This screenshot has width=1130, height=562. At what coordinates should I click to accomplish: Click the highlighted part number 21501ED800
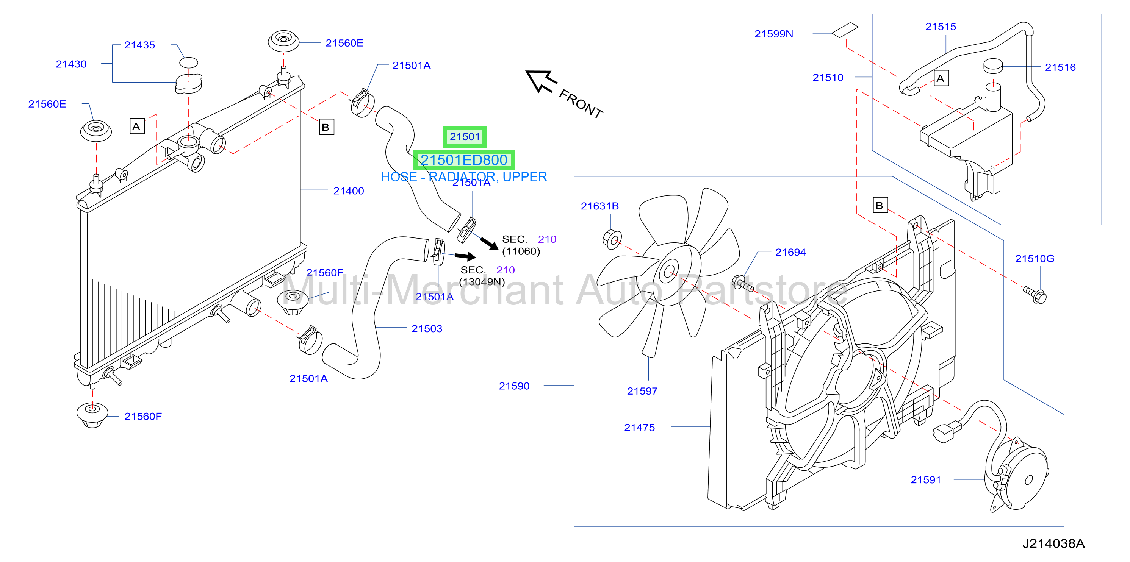coord(464,160)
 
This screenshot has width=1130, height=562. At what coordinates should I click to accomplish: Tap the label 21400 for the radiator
coord(349,191)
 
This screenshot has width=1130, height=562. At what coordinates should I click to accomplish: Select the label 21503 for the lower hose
coord(427,329)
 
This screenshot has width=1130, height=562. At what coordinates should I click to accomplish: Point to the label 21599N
coord(774,34)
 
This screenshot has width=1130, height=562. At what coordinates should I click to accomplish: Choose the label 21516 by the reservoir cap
coord(1060,67)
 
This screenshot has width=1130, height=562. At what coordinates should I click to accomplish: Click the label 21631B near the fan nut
coord(599,206)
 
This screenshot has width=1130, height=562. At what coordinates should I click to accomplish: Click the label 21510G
coord(1035,259)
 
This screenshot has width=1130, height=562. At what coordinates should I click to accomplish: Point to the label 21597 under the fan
coord(642,391)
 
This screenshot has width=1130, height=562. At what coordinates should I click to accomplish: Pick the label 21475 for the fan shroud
coord(640,428)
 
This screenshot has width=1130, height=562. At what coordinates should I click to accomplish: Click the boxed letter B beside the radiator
coord(326,127)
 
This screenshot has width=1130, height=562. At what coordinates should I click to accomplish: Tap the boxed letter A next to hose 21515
coord(941,78)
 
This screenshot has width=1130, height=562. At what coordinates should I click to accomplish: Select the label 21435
coord(139,45)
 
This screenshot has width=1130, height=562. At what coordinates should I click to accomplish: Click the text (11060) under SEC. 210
coord(521,251)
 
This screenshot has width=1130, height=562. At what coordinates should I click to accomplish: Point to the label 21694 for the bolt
coord(790,252)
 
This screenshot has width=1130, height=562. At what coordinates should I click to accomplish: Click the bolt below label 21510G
coord(1035,295)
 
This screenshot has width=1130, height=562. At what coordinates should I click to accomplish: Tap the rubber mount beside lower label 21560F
coord(92,414)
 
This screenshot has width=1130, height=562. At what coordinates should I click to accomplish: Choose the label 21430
coord(71,64)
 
